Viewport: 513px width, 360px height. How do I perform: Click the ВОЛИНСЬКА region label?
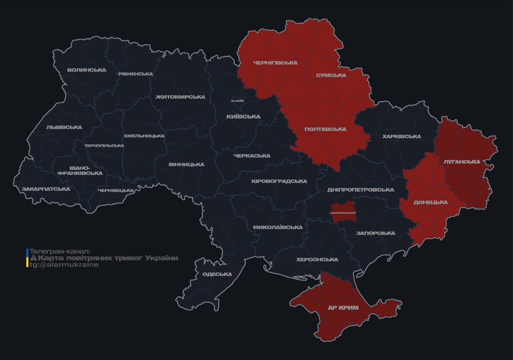point(87,70)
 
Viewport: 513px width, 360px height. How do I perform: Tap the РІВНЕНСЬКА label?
point(136,74)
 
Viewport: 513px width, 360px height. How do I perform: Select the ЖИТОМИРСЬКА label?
point(181,97)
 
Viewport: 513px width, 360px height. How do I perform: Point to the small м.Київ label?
point(238,101)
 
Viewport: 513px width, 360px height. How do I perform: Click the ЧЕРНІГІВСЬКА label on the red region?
point(275,63)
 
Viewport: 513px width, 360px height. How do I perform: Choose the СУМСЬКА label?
point(331,75)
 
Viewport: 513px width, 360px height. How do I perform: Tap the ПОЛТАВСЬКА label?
point(325,129)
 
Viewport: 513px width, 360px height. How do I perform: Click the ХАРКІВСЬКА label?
point(401,136)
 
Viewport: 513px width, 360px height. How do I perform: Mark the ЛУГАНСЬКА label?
point(462,162)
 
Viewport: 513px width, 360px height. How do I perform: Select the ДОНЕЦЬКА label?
point(430,202)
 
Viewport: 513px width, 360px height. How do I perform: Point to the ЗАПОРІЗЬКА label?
point(376,233)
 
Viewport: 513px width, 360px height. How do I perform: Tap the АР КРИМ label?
point(343,308)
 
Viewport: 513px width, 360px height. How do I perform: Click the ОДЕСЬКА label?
point(217,274)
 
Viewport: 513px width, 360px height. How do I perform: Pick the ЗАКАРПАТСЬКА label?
point(46,189)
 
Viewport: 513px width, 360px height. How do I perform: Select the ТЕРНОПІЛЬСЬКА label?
point(104,146)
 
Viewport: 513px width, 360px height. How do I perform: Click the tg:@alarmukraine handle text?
point(64,265)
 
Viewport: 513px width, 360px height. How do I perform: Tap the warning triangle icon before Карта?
point(33,258)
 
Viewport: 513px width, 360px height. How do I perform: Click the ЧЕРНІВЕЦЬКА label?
point(116,191)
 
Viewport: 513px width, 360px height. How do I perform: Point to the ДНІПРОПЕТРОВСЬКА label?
point(361,190)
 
